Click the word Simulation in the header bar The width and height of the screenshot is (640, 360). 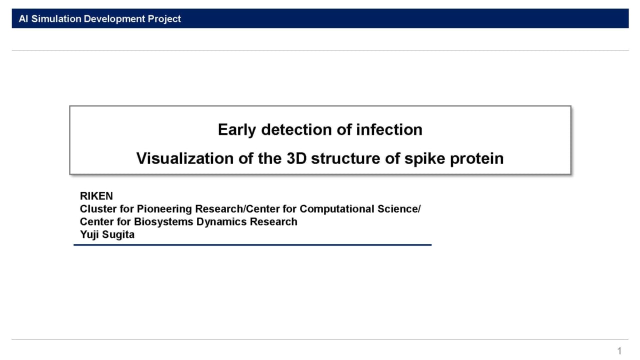coord(56,19)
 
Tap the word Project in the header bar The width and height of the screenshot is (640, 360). coord(164,19)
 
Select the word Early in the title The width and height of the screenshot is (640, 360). coord(237,130)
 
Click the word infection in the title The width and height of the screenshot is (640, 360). coord(389,129)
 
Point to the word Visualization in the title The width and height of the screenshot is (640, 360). coord(185,158)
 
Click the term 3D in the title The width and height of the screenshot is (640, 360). coord(296,158)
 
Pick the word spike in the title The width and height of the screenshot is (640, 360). coord(424,159)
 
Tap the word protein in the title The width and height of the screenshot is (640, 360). coord(477,159)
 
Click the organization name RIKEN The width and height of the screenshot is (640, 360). coord(96,196)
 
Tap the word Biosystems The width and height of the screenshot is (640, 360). coord(162,221)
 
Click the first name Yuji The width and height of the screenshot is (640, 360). coord(89,234)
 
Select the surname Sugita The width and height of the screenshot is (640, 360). coord(118,234)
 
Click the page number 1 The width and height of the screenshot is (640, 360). coord(619,351)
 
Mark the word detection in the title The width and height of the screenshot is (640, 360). coord(296,129)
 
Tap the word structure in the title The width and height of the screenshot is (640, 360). coord(345,158)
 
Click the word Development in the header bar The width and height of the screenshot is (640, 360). coord(114,19)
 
